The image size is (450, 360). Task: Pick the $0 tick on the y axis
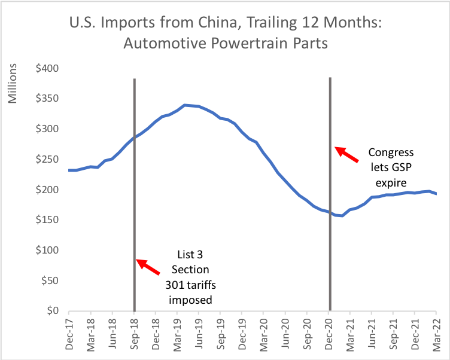(x=54, y=311)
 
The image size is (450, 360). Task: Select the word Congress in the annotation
(x=390, y=152)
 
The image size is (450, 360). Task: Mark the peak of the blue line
(x=185, y=105)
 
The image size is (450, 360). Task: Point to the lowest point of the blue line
(x=342, y=216)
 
